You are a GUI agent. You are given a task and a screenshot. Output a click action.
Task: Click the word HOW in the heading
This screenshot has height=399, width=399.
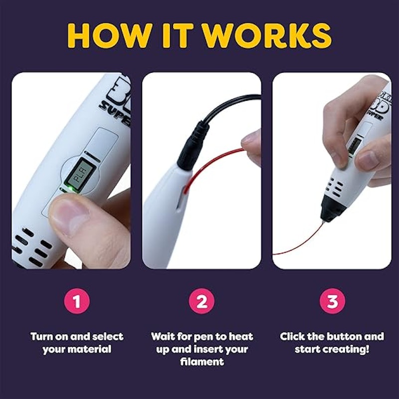point(110,35)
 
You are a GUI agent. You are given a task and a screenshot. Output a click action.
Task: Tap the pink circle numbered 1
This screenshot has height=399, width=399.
point(77,301)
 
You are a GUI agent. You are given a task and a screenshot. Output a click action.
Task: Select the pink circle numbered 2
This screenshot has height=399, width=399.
point(202,301)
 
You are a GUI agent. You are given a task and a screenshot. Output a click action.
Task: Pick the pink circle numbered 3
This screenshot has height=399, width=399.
point(332,301)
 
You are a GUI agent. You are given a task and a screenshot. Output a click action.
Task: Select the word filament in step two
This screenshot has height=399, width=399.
point(202,362)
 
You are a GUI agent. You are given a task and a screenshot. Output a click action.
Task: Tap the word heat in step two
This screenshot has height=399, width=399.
point(241,336)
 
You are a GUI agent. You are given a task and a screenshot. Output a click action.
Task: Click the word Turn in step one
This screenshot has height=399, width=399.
point(42,336)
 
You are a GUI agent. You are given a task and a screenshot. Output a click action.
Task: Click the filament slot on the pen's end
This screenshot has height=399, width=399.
point(181,197)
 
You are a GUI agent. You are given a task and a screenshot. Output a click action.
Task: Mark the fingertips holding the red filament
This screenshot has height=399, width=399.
point(251,145)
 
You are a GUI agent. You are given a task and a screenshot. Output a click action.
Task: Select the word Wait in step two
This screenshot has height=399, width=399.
point(163,336)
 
